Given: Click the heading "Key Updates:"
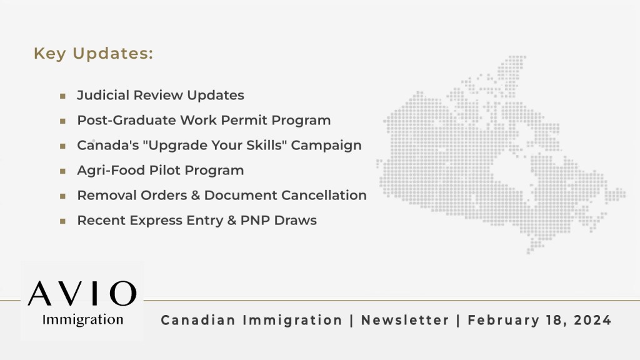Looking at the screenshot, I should click(x=93, y=54).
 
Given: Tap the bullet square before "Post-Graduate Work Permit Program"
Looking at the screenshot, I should click(x=62, y=121).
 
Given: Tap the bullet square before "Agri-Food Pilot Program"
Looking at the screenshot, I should click(x=62, y=171).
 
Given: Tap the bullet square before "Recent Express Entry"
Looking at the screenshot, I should click(x=62, y=221).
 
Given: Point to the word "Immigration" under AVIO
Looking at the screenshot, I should click(x=82, y=320).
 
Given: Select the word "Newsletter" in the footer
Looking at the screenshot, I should click(x=405, y=320).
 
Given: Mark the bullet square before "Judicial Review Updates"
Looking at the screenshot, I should click(x=62, y=96).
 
